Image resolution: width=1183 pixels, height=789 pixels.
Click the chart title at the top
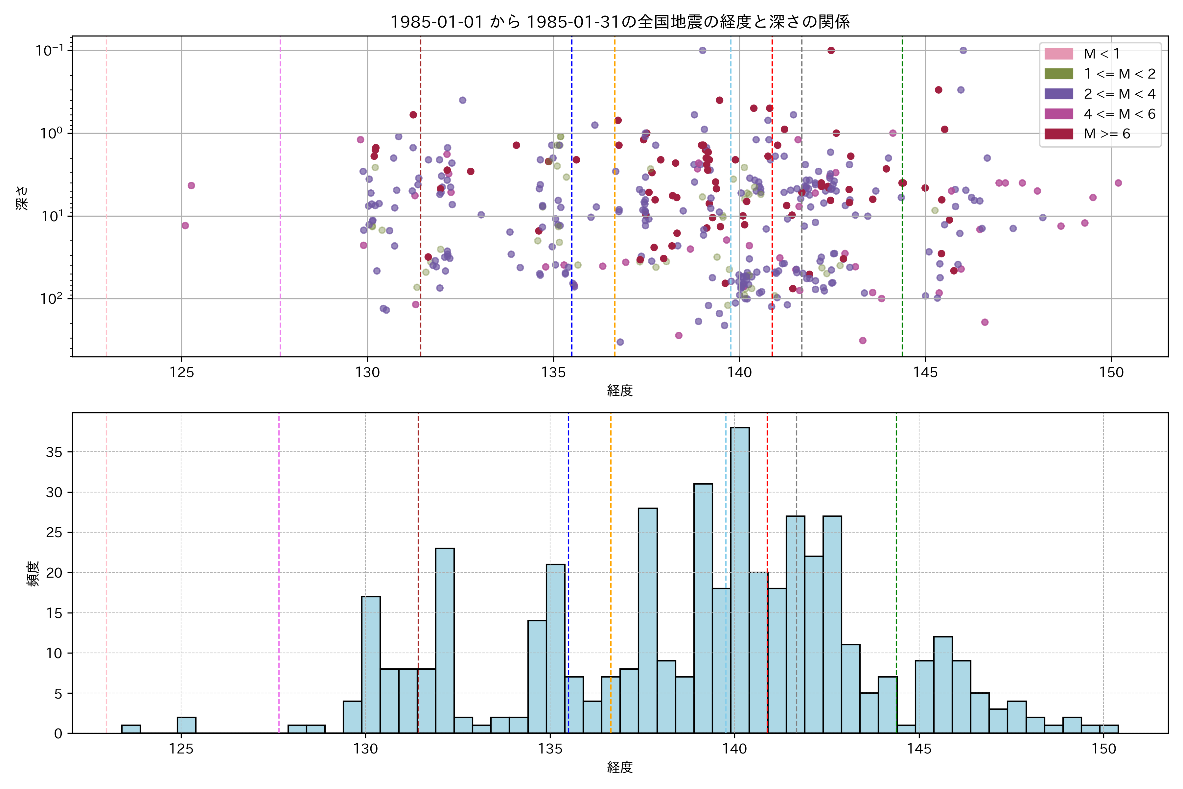620,22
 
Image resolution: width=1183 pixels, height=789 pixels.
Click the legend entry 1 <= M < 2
1119,74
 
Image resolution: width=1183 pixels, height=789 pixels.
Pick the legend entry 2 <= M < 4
1119,94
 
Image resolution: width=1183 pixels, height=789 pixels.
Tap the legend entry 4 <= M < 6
1119,114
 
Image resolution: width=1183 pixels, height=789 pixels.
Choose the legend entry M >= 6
1106,134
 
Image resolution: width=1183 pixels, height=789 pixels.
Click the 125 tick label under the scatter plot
182,373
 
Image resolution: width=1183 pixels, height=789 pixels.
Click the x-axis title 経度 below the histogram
620,767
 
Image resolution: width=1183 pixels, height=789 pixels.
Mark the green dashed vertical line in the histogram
896,554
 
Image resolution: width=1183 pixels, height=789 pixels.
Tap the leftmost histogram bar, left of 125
131,729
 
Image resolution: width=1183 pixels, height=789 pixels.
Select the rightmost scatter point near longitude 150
1118,183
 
